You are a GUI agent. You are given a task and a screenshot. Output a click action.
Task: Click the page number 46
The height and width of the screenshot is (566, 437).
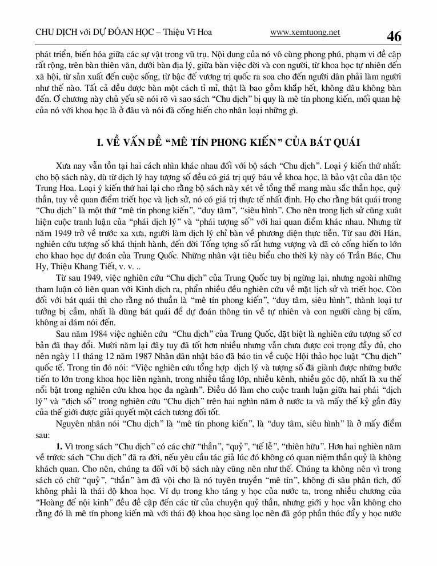[394, 36]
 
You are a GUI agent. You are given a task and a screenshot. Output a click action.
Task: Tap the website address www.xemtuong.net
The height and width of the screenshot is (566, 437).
[305, 33]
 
